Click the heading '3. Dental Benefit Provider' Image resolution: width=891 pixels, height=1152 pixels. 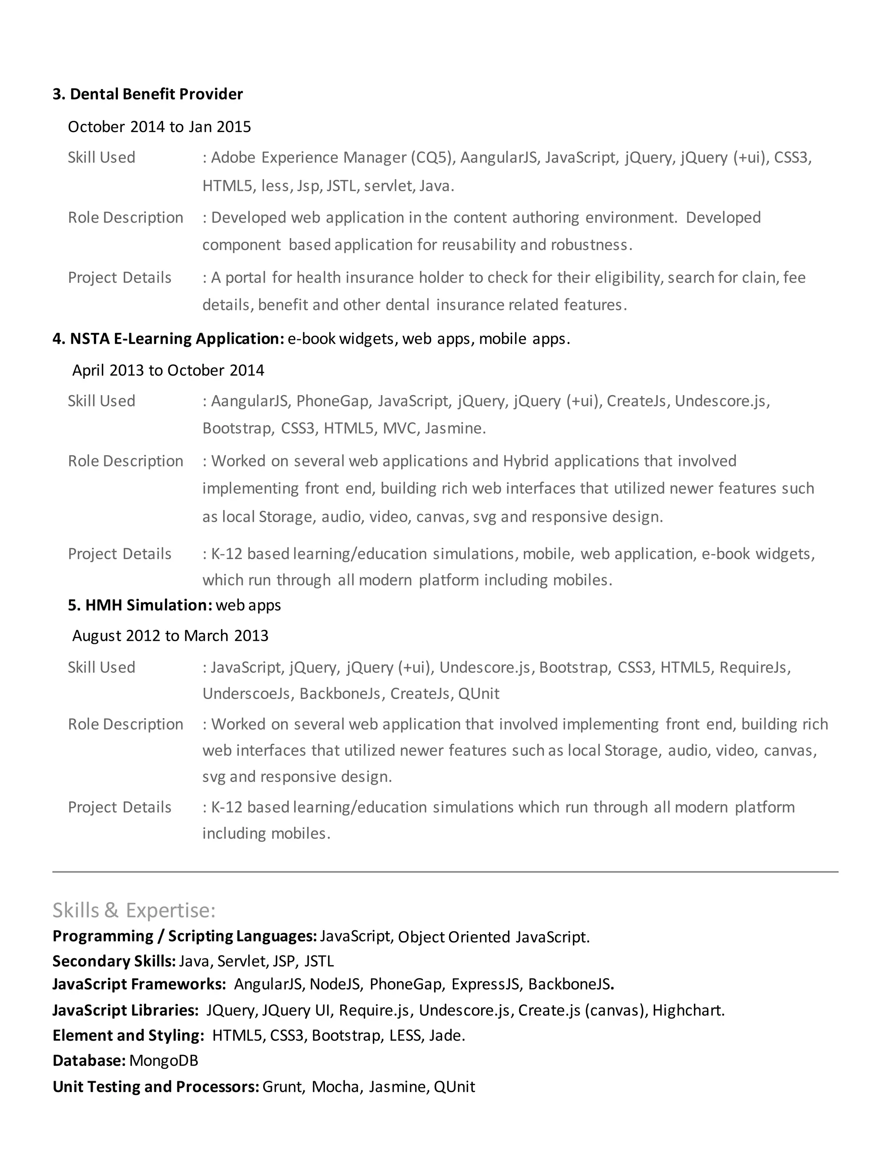pos(147,94)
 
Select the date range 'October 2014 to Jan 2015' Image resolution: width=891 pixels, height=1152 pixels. pos(159,127)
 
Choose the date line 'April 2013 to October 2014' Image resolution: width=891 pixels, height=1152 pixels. pos(168,370)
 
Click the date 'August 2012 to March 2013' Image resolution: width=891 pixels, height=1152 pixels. pos(170,636)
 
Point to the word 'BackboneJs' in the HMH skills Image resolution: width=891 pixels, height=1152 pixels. pos(340,694)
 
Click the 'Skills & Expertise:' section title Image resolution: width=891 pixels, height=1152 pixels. pos(134,910)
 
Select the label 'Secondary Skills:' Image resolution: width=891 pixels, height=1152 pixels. pos(114,961)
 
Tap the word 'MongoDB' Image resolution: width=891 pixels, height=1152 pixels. pos(164,1061)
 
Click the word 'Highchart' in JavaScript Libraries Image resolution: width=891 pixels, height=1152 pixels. pos(687,1010)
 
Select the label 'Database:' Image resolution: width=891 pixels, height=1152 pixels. pos(89,1061)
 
